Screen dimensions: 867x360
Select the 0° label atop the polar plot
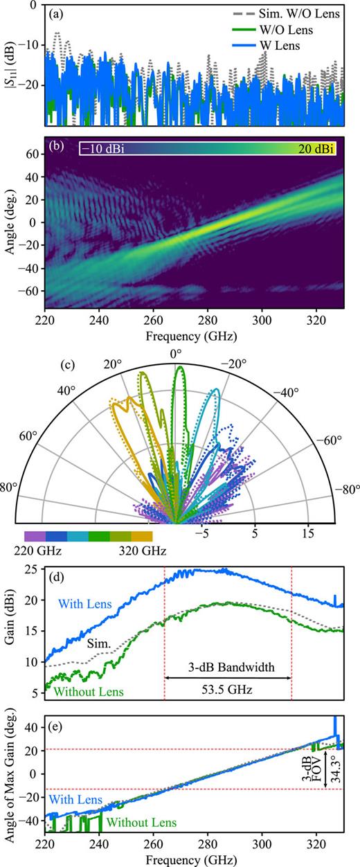176,353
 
